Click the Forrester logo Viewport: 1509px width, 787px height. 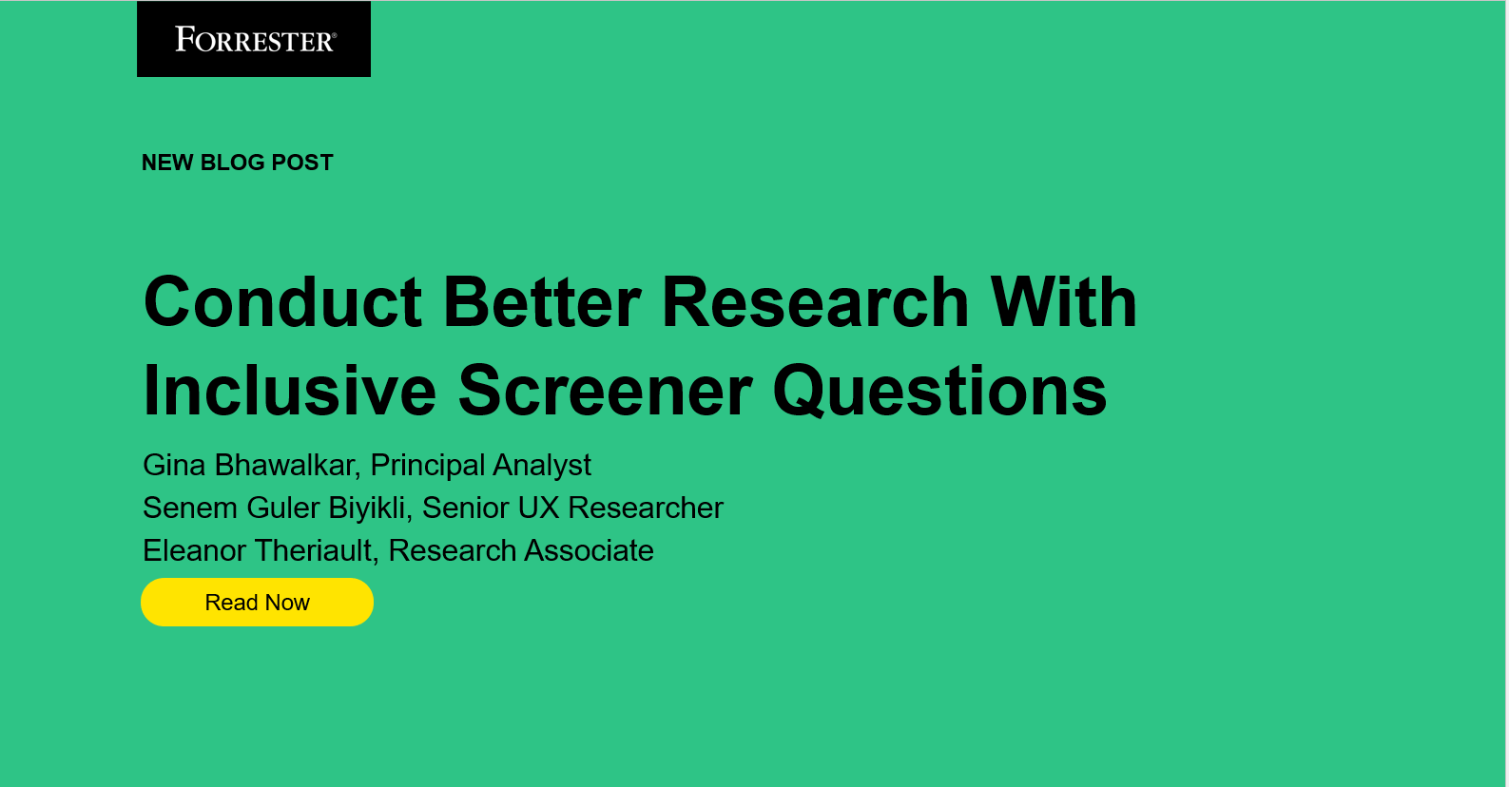[254, 40]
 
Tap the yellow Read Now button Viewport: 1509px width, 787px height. [257, 603]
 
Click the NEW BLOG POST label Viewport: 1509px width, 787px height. [237, 163]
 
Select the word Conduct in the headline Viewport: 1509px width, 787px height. [282, 302]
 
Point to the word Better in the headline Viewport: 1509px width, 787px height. [542, 302]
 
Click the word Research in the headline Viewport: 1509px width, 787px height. [815, 302]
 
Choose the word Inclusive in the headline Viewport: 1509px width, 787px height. [289, 391]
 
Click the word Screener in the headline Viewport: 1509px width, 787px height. [605, 391]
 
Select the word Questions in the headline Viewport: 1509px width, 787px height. [939, 391]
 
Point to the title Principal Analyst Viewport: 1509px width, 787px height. [480, 465]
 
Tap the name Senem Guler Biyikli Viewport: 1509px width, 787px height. [275, 508]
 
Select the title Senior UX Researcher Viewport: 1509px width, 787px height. [572, 508]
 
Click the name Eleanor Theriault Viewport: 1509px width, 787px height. [258, 550]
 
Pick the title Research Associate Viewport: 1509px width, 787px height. [521, 550]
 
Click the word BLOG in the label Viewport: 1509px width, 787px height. [232, 163]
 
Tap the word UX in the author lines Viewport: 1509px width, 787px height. [538, 508]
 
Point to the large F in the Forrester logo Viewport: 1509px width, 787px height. [184, 39]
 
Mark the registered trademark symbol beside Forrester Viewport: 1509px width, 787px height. [334, 35]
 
